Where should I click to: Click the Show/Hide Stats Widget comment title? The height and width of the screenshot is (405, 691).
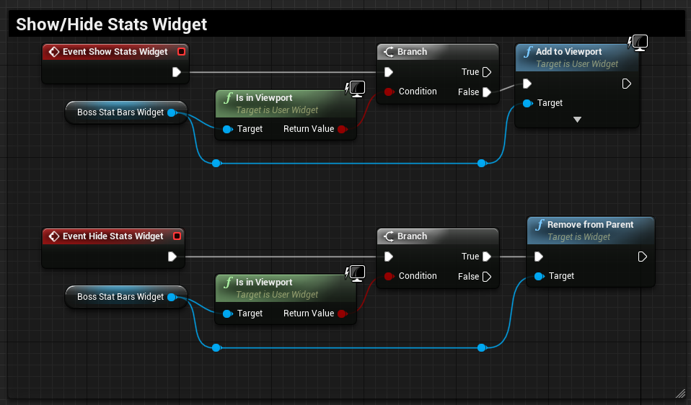[x=112, y=25]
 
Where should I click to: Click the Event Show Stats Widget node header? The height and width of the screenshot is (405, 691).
[x=115, y=52]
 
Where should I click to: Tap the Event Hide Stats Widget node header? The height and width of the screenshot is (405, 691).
[x=113, y=236]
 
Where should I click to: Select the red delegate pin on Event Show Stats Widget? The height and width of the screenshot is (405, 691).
[x=181, y=52]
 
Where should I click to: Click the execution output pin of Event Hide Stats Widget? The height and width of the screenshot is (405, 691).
[x=172, y=257]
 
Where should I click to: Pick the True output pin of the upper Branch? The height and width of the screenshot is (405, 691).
[x=487, y=72]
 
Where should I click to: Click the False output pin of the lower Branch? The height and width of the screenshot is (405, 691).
[x=487, y=276]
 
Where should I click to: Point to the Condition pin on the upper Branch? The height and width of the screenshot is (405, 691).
[x=388, y=92]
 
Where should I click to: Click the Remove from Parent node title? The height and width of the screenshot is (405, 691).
[x=590, y=225]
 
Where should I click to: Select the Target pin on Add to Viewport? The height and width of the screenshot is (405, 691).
[x=528, y=103]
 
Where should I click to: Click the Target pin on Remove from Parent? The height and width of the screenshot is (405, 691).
[x=539, y=276]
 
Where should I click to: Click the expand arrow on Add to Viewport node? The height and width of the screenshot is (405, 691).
[x=577, y=120]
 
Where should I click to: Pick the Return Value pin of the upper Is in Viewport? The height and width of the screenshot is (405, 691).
[x=342, y=129]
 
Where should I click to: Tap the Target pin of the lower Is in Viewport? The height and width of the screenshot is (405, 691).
[x=227, y=313]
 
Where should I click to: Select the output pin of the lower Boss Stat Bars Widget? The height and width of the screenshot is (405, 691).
[x=172, y=297]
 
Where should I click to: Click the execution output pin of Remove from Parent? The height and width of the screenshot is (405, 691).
[x=642, y=257]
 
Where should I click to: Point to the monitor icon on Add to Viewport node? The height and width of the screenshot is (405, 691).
[x=638, y=43]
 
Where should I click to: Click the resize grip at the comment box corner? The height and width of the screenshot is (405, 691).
[x=679, y=393]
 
